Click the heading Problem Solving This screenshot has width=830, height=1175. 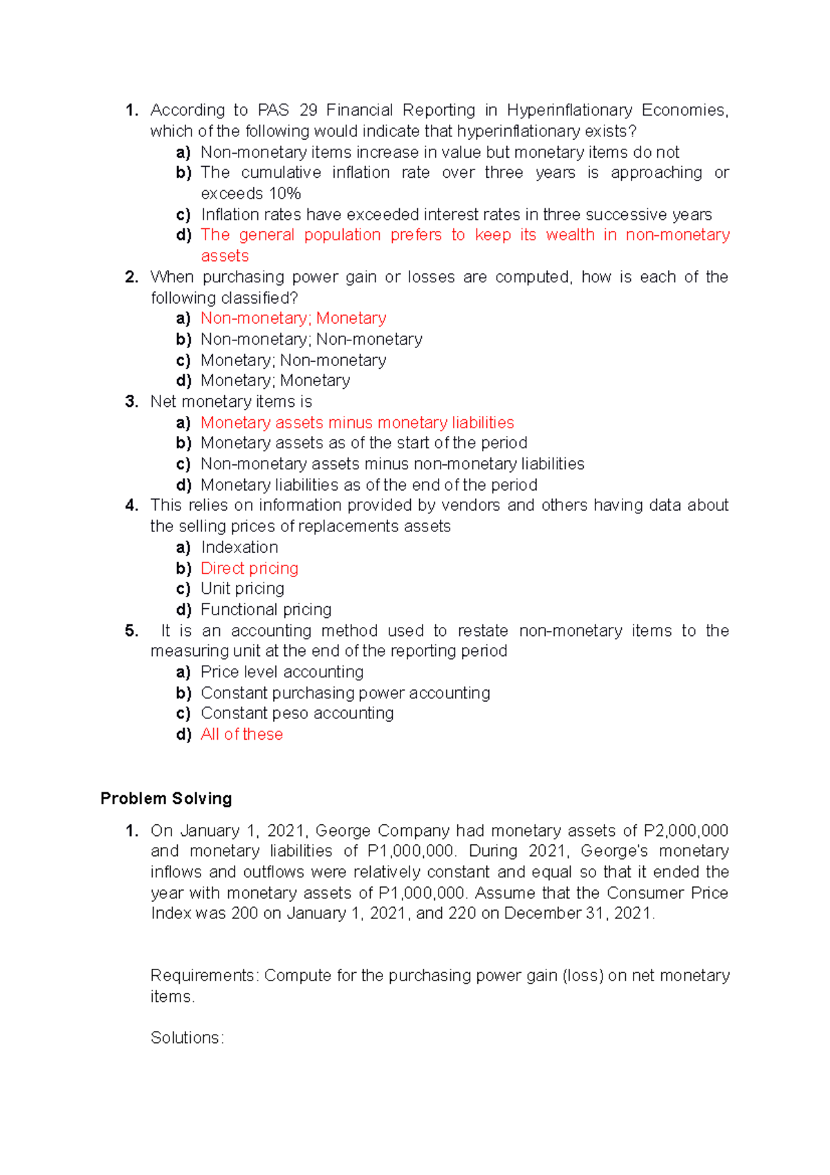tap(166, 798)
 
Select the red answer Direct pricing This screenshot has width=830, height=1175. tap(249, 568)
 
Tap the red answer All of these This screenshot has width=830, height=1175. tap(241, 734)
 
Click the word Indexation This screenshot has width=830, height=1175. tap(239, 547)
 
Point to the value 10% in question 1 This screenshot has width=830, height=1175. tap(285, 193)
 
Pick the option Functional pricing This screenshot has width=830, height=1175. tap(266, 610)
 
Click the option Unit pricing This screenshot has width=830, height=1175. tap(242, 589)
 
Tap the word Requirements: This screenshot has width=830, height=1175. tap(205, 975)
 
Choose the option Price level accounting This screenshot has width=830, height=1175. tap(282, 672)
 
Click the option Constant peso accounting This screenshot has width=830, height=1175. tap(297, 713)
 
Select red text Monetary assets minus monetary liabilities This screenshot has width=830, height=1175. tap(357, 423)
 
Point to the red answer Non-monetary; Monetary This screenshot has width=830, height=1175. tap(293, 318)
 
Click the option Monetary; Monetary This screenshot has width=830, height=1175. tap(275, 381)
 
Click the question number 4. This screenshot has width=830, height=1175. tap(131, 505)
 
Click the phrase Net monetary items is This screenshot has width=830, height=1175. tap(231, 401)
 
